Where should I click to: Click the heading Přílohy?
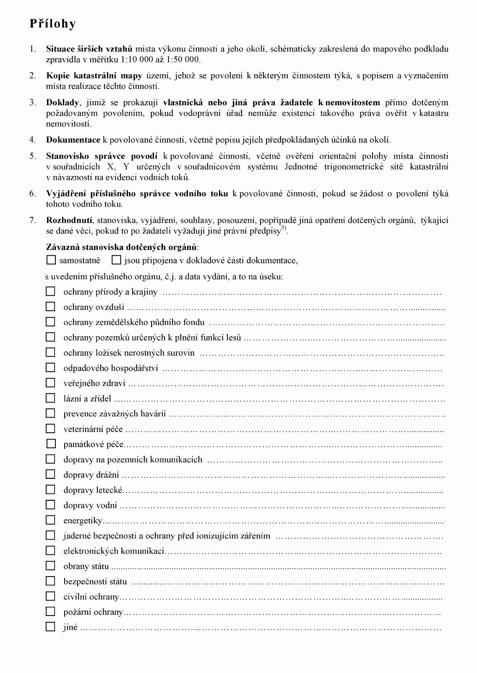coord(52,23)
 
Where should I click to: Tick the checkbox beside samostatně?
coord(51,260)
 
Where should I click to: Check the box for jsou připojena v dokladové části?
coord(116,260)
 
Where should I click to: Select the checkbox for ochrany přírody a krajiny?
coord(50,291)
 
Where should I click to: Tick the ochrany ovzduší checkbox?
coord(50,307)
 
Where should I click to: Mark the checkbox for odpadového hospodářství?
coord(50,368)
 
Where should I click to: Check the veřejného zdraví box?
coord(50,383)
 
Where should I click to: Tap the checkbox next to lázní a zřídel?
coord(50,398)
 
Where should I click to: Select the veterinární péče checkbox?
coord(50,429)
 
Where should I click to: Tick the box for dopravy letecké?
coord(50,489)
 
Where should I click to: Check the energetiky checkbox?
coord(50,520)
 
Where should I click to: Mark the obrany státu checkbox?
coord(50,566)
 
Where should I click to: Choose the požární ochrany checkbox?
coord(50,611)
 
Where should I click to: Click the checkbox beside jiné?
coord(50,627)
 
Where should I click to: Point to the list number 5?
coord(33,156)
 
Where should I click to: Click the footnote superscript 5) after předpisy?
coord(284,229)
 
